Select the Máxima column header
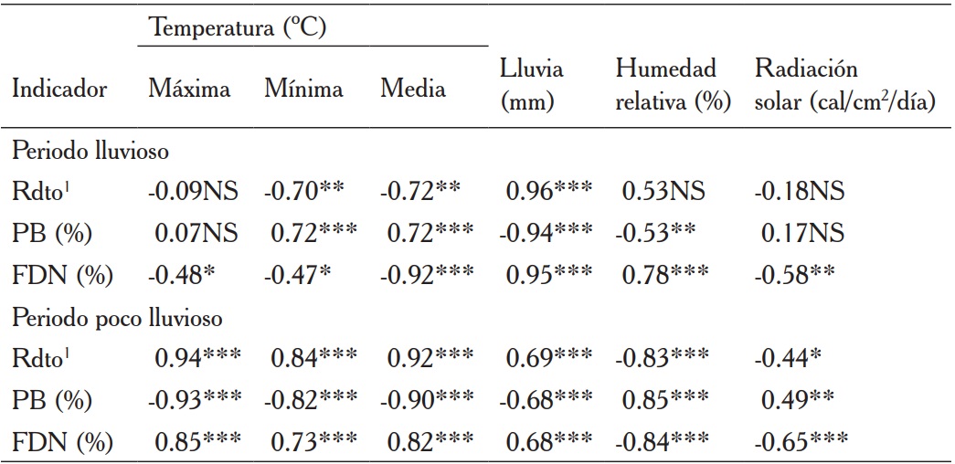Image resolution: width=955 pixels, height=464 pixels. coord(189,89)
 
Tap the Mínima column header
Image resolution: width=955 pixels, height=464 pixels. coord(304,89)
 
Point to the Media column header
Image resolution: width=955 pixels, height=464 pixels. coord(413,89)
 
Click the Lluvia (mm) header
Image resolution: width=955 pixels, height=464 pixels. coord(532,86)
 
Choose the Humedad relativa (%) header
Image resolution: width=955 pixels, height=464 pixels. coord(673,86)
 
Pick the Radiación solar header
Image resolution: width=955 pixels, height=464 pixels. coord(844,86)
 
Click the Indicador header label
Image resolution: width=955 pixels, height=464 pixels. coord(59,89)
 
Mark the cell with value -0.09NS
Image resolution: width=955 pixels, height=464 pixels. coord(193,191)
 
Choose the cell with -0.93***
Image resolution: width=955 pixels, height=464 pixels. coord(193,400)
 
